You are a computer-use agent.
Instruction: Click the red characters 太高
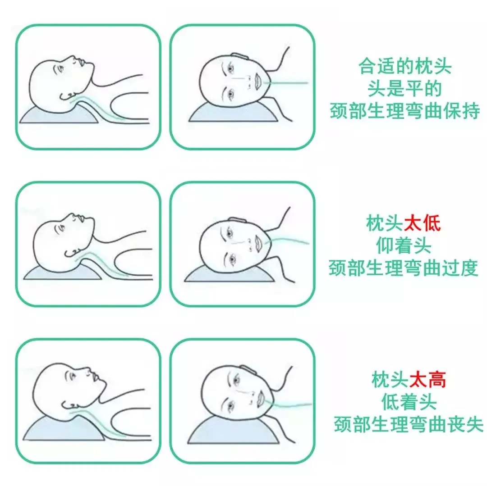(x=427, y=379)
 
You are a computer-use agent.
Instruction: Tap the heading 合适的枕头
(x=404, y=66)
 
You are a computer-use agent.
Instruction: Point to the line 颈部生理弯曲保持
(x=404, y=111)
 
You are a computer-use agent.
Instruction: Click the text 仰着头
(x=404, y=245)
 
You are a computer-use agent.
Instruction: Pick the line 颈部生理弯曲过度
(x=403, y=268)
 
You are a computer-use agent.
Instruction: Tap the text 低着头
(x=409, y=402)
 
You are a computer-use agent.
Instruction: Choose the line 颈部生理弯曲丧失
(x=409, y=424)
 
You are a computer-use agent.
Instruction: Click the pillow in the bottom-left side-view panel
(x=64, y=430)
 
